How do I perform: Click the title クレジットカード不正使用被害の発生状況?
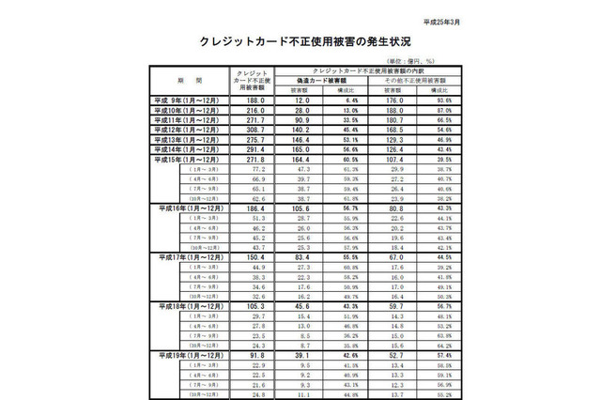coord(300,42)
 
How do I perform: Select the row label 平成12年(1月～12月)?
coord(187,130)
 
